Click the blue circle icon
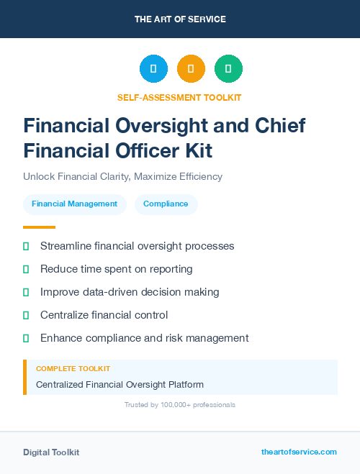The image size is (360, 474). [153, 68]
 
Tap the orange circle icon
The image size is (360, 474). [191, 68]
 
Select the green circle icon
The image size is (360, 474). [228, 68]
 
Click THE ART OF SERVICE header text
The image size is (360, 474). [180, 19]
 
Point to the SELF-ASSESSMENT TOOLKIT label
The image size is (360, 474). [179, 97]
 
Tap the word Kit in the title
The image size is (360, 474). [196, 152]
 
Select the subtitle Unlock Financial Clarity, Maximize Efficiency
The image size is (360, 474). [122, 176]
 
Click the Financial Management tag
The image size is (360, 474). [74, 204]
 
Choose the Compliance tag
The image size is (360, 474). [166, 204]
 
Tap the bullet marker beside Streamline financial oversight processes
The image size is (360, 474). [26, 246]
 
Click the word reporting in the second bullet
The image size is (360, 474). [171, 269]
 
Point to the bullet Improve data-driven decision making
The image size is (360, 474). [130, 292]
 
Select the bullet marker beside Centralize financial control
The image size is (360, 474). [26, 315]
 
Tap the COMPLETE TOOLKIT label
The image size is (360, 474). [73, 369]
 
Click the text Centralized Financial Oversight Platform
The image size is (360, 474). [120, 385]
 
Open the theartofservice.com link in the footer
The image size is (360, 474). [299, 452]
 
